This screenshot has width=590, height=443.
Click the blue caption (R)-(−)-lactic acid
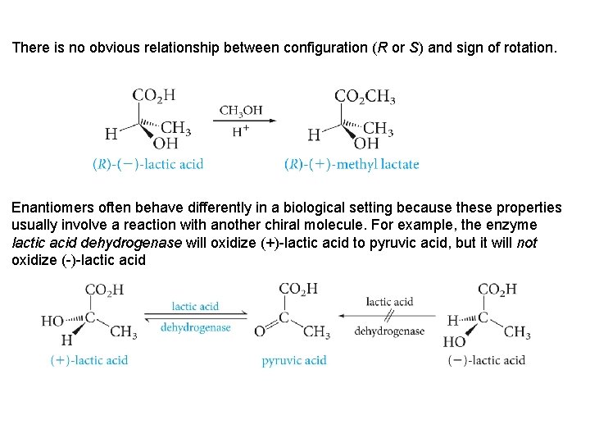(x=147, y=164)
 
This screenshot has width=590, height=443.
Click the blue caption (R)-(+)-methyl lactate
(x=352, y=164)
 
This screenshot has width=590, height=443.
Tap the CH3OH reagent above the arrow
(x=241, y=111)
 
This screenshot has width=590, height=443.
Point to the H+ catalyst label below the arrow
(x=241, y=130)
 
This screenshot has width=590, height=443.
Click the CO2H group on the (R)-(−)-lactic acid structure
(x=153, y=96)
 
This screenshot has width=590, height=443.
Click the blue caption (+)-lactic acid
(x=88, y=360)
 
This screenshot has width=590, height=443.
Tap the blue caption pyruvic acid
(x=294, y=360)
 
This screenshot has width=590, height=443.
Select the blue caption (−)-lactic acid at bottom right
(x=486, y=360)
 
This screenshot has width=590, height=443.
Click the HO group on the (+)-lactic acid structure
(x=52, y=321)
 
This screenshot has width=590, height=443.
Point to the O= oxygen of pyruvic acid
(x=261, y=331)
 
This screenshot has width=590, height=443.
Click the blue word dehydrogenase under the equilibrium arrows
(x=196, y=327)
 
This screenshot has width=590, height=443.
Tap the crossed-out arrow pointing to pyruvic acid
(x=389, y=316)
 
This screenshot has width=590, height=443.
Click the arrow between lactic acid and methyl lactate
(x=243, y=121)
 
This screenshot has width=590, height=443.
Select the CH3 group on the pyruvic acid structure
(x=316, y=331)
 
